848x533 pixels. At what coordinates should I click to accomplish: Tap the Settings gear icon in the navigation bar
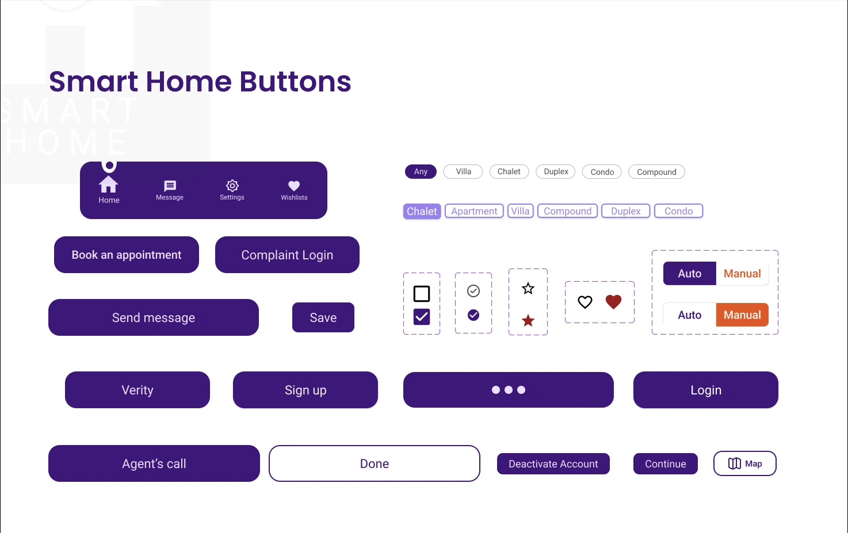click(x=232, y=185)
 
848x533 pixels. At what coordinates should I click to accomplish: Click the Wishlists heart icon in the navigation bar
click(x=294, y=186)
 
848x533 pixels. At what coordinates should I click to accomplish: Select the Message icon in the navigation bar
click(x=170, y=186)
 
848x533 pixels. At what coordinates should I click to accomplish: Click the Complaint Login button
click(x=287, y=255)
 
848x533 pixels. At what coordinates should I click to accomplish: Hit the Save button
click(x=323, y=317)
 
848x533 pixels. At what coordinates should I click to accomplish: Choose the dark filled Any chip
click(x=421, y=172)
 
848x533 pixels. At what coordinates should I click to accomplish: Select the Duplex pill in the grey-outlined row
click(x=555, y=172)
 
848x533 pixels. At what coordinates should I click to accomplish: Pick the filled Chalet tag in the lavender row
click(x=422, y=211)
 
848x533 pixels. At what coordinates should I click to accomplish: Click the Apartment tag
click(x=474, y=211)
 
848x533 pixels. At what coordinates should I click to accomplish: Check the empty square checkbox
click(x=421, y=294)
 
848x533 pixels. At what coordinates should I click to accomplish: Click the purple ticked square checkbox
click(x=421, y=317)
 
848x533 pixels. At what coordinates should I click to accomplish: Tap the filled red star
click(x=528, y=321)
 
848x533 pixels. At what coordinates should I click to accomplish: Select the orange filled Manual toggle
click(x=742, y=315)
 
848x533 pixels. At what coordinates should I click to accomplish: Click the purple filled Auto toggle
click(x=689, y=273)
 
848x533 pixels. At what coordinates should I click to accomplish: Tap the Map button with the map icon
click(x=744, y=463)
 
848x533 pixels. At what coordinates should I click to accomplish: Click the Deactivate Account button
click(x=553, y=464)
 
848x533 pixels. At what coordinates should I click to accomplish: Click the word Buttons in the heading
click(x=295, y=82)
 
